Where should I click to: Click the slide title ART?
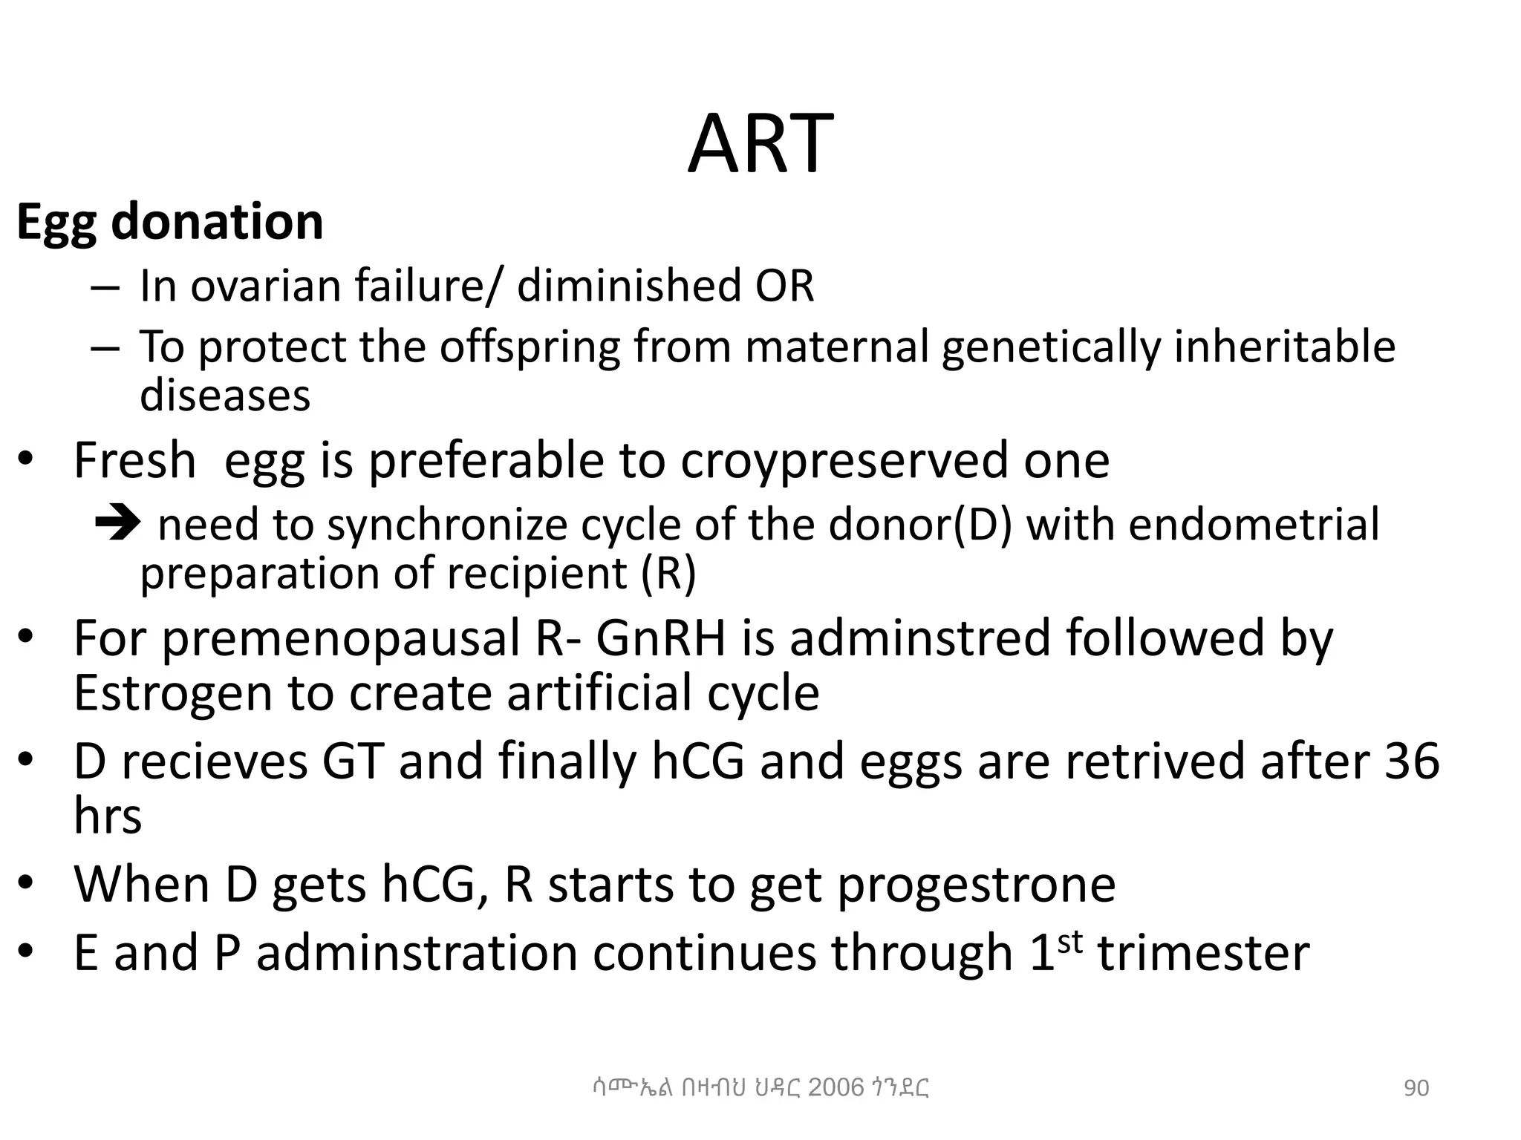(760, 144)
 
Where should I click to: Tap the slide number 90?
(1416, 1088)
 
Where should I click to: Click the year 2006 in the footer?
(836, 1087)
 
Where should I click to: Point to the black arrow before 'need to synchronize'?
(117, 524)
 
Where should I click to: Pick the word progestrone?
(976, 884)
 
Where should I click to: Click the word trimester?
(1203, 953)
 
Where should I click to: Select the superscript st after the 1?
(1069, 940)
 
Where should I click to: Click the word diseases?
(225, 395)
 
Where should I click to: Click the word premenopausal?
(341, 638)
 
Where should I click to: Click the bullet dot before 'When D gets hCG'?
(26, 883)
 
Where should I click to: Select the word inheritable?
(1284, 347)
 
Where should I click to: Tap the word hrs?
(108, 816)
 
